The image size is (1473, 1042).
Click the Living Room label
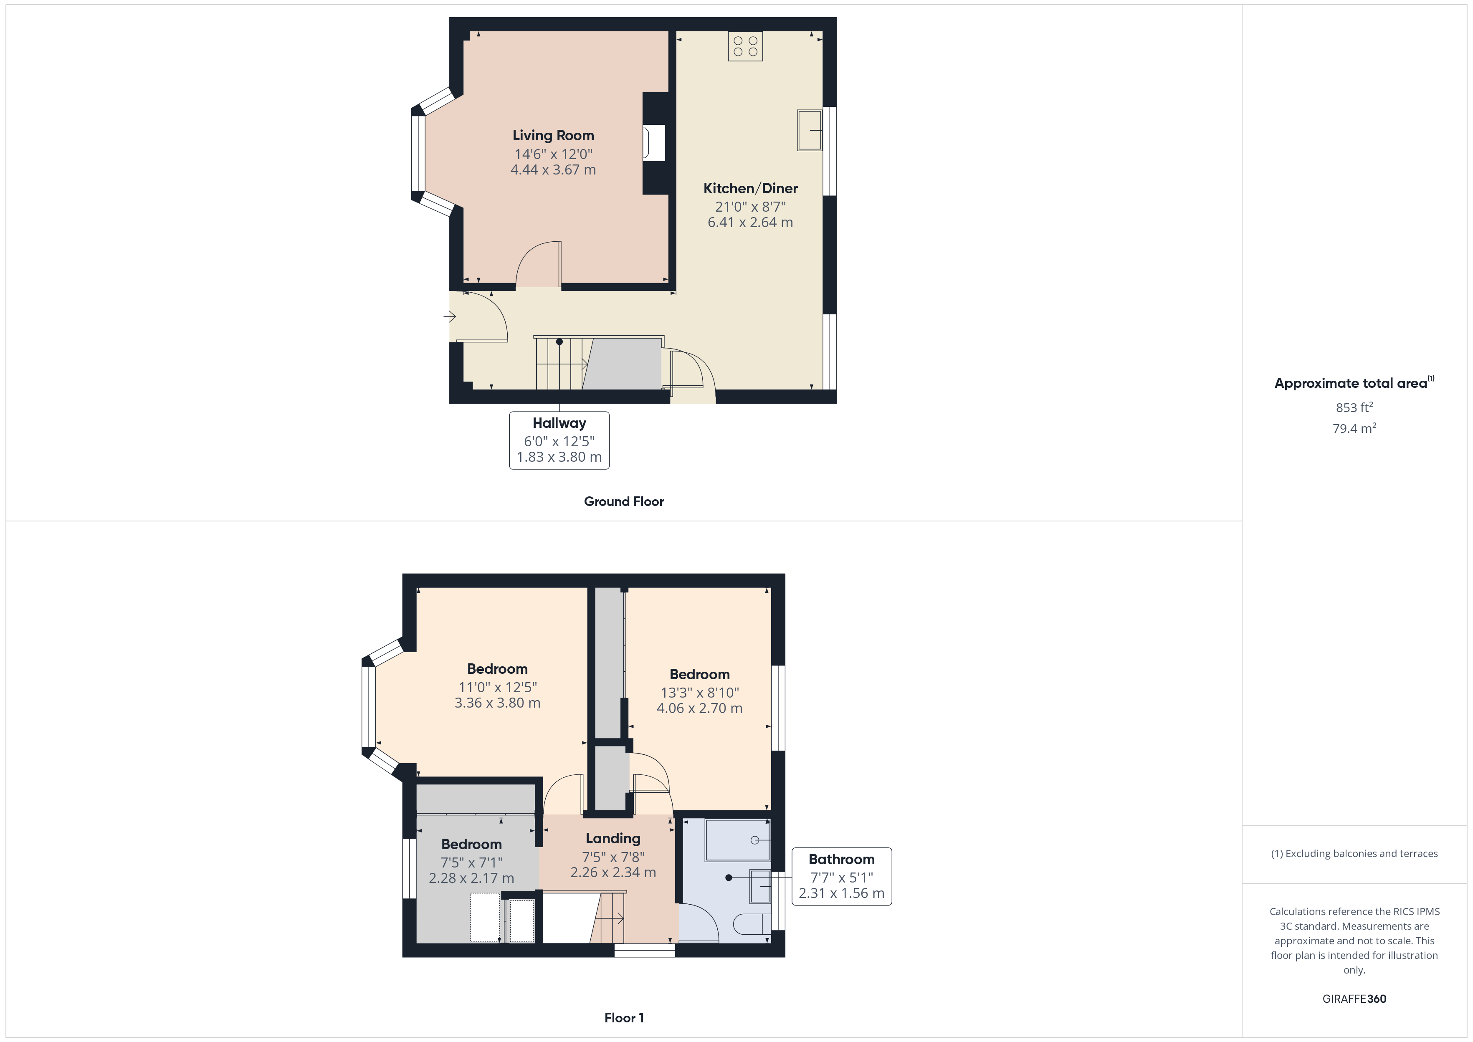tap(553, 135)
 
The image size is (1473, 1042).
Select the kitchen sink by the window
tap(810, 130)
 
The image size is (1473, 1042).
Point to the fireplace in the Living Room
tap(654, 142)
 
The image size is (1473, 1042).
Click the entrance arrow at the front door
tap(449, 316)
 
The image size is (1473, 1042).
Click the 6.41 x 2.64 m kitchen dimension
tap(750, 223)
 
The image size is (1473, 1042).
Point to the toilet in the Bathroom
tap(751, 924)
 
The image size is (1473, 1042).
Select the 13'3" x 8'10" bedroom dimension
tap(699, 692)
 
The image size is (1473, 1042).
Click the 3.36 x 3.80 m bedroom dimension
tap(497, 703)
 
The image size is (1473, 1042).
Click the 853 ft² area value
tap(1354, 407)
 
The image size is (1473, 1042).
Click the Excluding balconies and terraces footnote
tap(1354, 853)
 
